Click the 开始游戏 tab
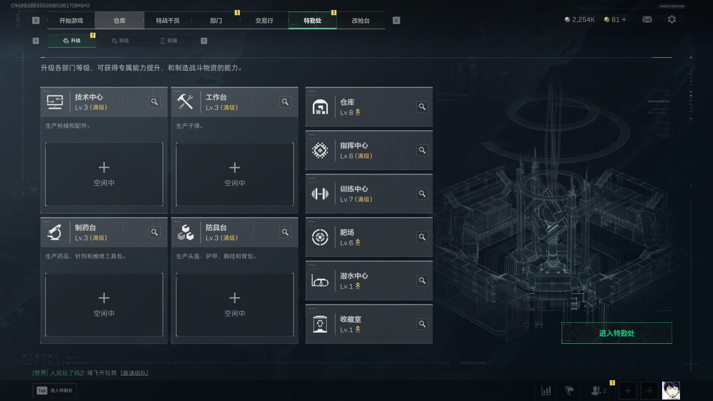(71, 20)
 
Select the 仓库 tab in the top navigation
(119, 20)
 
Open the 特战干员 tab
(167, 20)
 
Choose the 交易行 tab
(264, 20)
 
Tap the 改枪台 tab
(361, 20)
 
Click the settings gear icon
(671, 19)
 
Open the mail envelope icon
(647, 19)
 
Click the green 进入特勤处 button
(616, 333)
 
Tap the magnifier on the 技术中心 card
(154, 102)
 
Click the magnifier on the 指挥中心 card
(422, 150)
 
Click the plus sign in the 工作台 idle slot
(235, 167)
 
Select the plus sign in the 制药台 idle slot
(104, 298)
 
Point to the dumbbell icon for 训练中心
(320, 194)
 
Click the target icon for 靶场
(320, 237)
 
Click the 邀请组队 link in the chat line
(134, 373)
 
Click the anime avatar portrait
(671, 391)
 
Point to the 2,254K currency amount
(583, 20)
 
